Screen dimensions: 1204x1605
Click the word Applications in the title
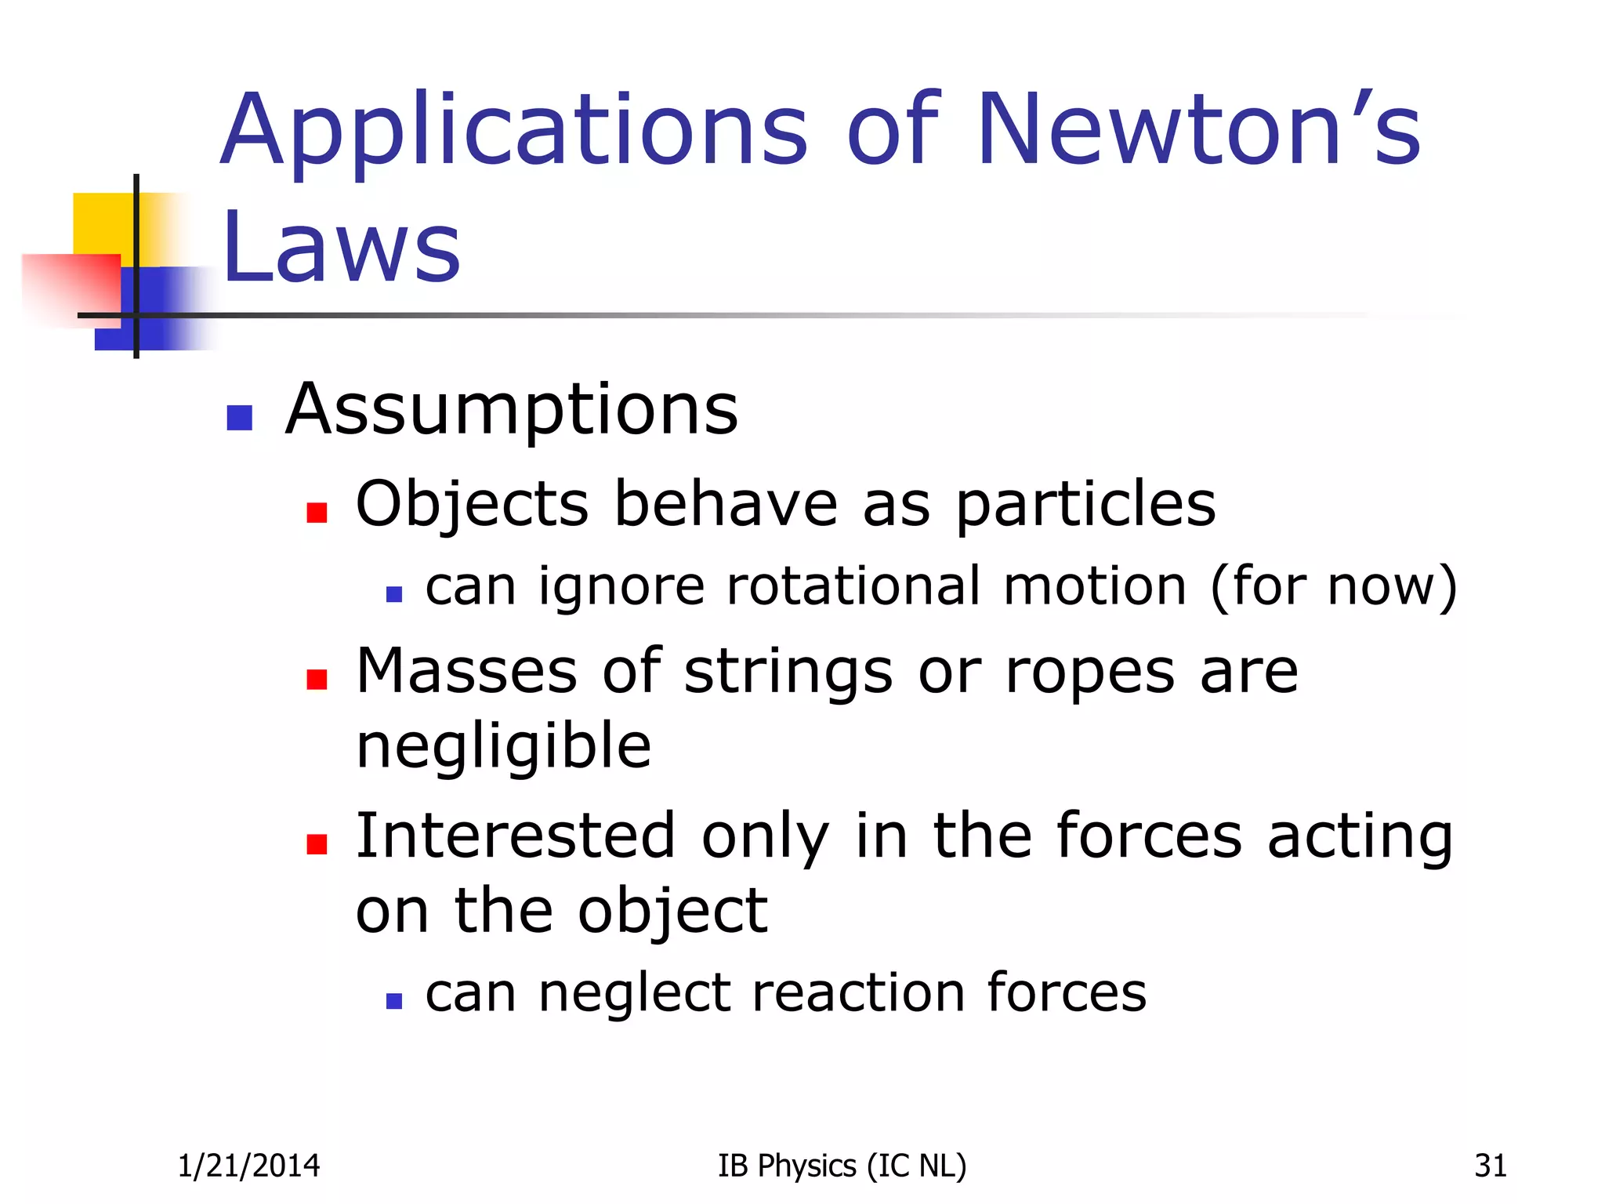[x=513, y=132]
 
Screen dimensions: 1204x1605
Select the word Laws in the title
[x=341, y=247]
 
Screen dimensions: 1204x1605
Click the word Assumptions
[x=512, y=411]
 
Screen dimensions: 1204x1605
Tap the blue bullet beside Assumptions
[x=239, y=418]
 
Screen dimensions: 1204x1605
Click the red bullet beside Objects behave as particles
[x=317, y=513]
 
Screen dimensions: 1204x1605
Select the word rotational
[x=853, y=586]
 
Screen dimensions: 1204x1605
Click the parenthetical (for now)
[x=1333, y=586]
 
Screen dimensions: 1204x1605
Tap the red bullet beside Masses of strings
[x=317, y=679]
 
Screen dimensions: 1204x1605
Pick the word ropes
[x=1089, y=673]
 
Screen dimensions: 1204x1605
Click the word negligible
[x=503, y=748]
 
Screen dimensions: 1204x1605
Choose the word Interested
[x=516, y=836]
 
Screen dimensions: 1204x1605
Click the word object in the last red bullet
[x=672, y=912]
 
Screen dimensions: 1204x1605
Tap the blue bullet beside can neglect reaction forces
[x=394, y=1001]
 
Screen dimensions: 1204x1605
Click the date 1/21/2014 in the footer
[x=248, y=1166]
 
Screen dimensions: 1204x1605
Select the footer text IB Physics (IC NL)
[x=842, y=1166]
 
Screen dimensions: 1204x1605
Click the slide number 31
[x=1490, y=1166]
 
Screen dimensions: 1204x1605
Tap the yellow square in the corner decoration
[x=102, y=223]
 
